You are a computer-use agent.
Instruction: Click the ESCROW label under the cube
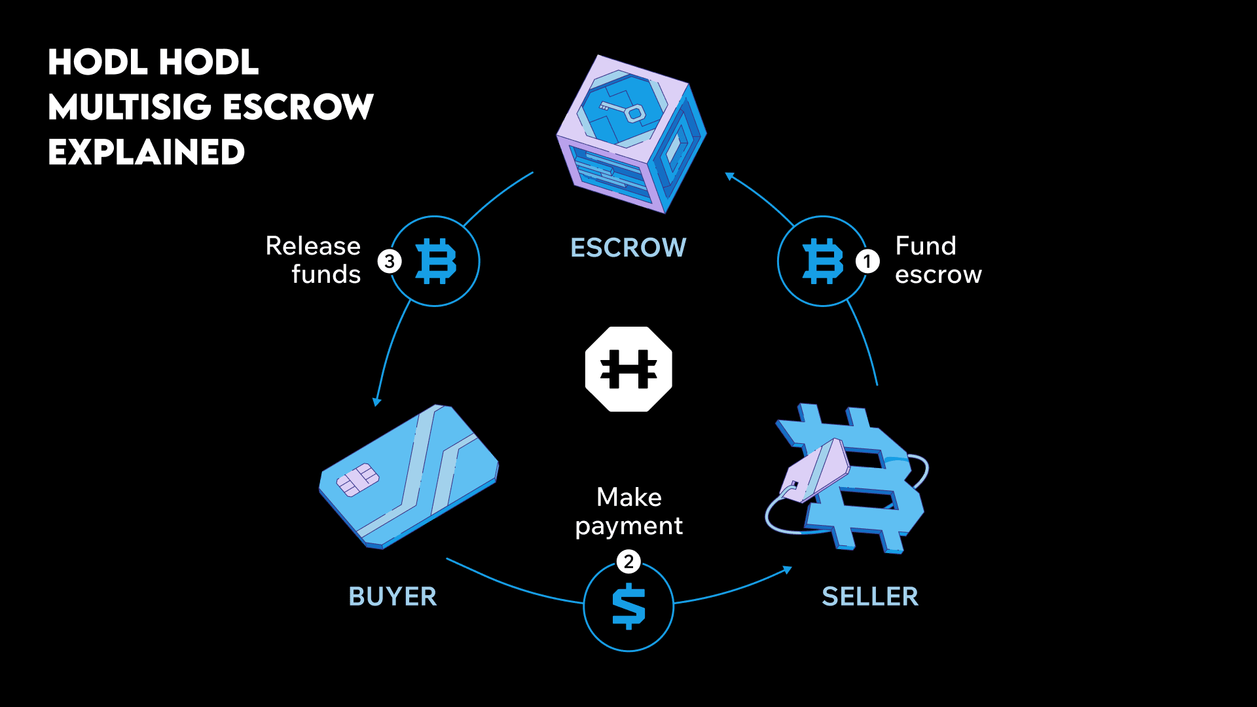coord(628,247)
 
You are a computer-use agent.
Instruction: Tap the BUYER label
coord(392,596)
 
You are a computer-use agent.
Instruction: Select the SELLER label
coord(870,596)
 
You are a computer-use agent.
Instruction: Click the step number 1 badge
coord(867,262)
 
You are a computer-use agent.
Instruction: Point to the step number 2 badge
coord(628,562)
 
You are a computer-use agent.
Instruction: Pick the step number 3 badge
coord(390,262)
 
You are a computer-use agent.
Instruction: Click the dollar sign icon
coord(628,606)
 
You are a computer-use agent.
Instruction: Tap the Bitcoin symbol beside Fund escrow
coord(822,261)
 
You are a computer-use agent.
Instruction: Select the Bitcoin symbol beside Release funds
coord(436,261)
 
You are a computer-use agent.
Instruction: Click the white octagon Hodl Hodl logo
coord(628,369)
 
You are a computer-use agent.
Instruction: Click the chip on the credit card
coord(357,480)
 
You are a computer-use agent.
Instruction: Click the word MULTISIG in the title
coord(130,107)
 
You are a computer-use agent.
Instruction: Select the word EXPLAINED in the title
coord(147,152)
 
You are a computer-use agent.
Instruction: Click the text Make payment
coord(628,511)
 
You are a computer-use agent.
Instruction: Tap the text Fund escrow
coord(938,260)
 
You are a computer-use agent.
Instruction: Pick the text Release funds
coord(314,260)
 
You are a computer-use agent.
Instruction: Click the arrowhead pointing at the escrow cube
coord(729,175)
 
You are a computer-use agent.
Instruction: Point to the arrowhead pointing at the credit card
coord(376,402)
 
